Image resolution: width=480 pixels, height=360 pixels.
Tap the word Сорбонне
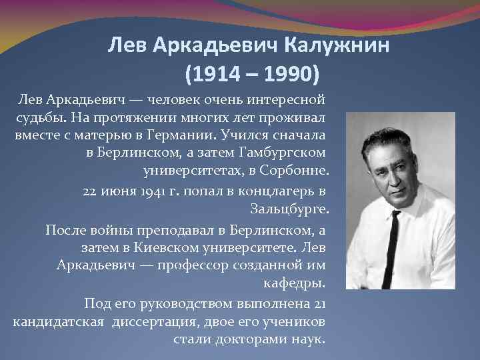coord(295,171)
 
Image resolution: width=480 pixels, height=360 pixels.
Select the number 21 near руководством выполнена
coord(318,303)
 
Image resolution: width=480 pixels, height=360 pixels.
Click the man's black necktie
coord(395,239)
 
